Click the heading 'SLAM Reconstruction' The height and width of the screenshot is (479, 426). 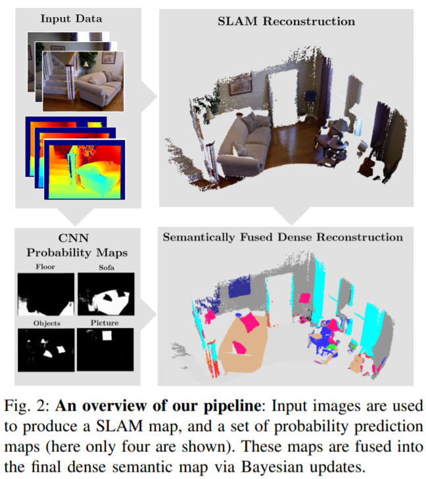286,22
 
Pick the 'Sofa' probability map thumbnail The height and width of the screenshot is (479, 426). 105,296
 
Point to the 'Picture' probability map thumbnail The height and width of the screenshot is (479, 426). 105,350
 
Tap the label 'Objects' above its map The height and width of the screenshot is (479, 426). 45,323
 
